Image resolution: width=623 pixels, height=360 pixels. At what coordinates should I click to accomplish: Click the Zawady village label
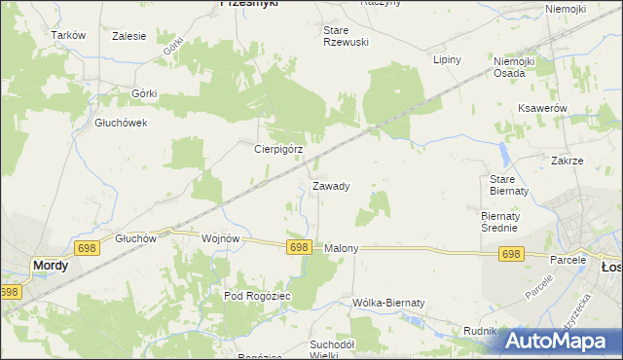(x=331, y=185)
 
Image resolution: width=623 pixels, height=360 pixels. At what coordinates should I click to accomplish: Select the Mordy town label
(x=51, y=265)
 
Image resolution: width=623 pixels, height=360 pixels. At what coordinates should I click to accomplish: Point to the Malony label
(x=342, y=248)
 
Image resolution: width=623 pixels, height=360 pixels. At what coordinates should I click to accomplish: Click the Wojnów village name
(x=219, y=238)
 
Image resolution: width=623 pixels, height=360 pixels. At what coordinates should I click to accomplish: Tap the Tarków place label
(x=68, y=35)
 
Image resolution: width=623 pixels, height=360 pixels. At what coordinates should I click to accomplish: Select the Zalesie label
(x=129, y=36)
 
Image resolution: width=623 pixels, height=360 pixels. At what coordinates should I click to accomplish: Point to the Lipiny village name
(x=446, y=59)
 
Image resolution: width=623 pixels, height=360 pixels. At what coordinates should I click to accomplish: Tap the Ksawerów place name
(x=543, y=108)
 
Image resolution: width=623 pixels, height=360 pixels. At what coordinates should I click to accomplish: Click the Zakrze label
(x=567, y=161)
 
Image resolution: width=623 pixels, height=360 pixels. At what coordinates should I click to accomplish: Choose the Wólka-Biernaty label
(x=389, y=303)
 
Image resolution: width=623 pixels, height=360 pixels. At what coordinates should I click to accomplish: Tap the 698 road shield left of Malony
(x=299, y=248)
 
